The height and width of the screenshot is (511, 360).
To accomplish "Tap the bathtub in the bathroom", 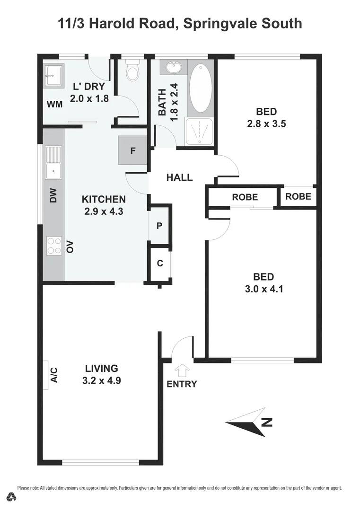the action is pyautogui.click(x=201, y=88).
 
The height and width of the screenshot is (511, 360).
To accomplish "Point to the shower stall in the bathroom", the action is pyautogui.click(x=199, y=132).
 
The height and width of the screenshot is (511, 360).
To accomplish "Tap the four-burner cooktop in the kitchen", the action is pyautogui.click(x=54, y=246).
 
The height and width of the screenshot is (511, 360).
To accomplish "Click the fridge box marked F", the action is pyautogui.click(x=132, y=150).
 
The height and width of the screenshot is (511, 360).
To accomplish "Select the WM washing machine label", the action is pyautogui.click(x=54, y=104).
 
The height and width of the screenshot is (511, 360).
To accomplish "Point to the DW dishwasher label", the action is pyautogui.click(x=53, y=195).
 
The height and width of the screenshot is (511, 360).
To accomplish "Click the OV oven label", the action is pyautogui.click(x=70, y=247).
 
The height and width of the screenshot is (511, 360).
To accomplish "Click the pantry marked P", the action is pyautogui.click(x=159, y=226).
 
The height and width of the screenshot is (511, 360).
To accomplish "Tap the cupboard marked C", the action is pyautogui.click(x=159, y=263).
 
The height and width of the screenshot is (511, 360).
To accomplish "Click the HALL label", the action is pyautogui.click(x=179, y=177).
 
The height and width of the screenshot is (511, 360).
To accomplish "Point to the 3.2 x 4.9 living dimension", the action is pyautogui.click(x=102, y=380).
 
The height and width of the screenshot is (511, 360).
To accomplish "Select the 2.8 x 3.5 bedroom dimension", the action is pyautogui.click(x=266, y=124).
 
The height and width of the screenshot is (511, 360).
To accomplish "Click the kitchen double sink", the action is pyautogui.click(x=53, y=162).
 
